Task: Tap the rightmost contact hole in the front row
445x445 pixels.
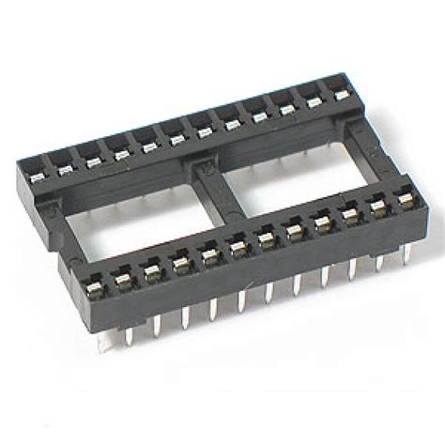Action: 407,200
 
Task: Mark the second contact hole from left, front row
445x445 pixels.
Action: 122,276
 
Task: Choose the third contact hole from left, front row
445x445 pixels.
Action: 151,269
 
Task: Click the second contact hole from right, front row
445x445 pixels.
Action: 379,208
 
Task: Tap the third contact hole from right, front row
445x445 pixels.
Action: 351,216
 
